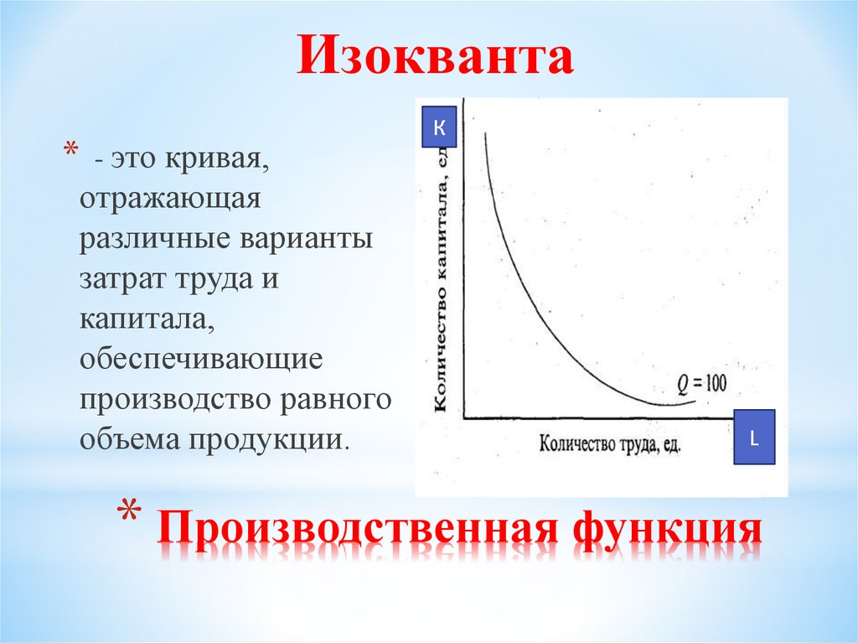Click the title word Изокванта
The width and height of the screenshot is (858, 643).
pyautogui.click(x=435, y=56)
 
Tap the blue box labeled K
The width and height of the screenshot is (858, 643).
pyautogui.click(x=439, y=128)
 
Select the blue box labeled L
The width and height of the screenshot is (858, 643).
pyautogui.click(x=754, y=437)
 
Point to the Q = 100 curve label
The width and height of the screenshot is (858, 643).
pyautogui.click(x=702, y=383)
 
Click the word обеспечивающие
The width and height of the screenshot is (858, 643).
pyautogui.click(x=202, y=359)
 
